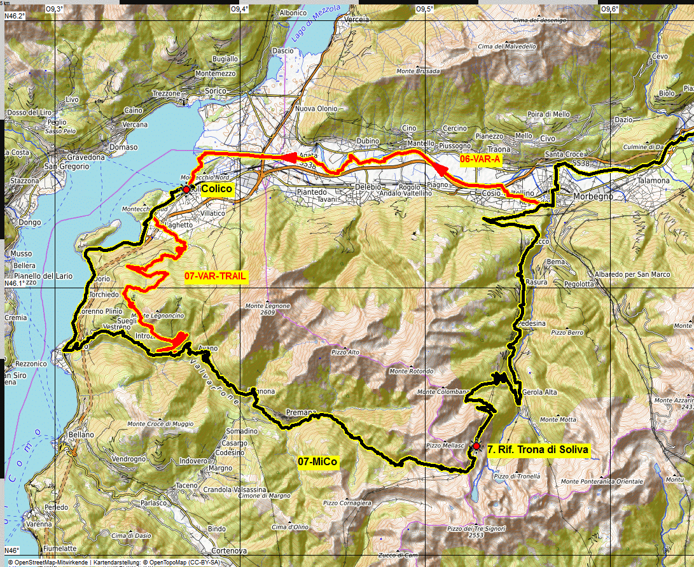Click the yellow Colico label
point(217,189)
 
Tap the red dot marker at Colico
point(186,190)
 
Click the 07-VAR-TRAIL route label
point(215,276)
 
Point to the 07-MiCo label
point(317,461)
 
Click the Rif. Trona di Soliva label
point(538,449)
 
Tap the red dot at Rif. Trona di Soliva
point(476,446)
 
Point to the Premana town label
point(301,412)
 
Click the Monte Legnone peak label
point(267,306)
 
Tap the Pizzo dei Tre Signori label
point(471,529)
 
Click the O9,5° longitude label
point(424,9)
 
